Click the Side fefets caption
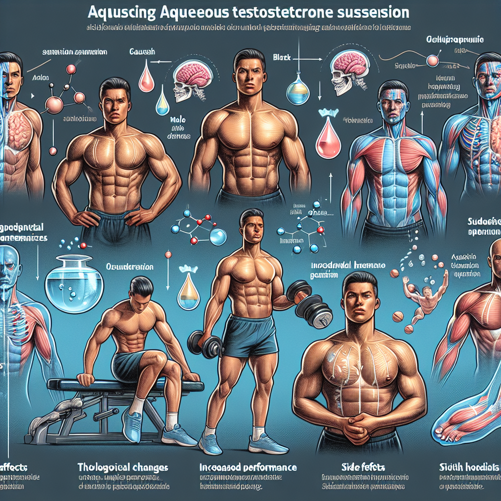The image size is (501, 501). [362, 467]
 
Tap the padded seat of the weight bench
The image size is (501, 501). [147, 386]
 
